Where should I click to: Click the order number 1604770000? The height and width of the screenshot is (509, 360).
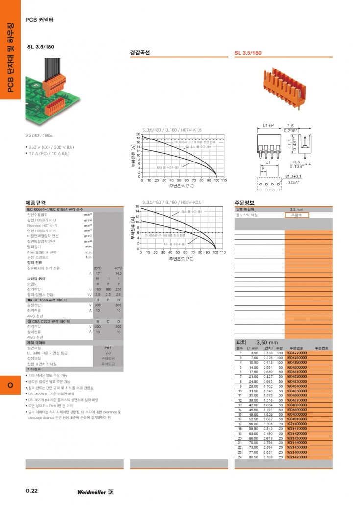click(x=296, y=353)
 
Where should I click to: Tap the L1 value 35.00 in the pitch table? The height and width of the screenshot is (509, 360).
click(x=253, y=394)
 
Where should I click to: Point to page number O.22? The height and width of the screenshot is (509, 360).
click(x=32, y=491)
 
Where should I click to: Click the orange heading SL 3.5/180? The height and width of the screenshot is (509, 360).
click(x=248, y=53)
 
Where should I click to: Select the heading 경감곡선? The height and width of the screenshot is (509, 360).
click(x=140, y=53)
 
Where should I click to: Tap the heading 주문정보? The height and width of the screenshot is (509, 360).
click(x=244, y=203)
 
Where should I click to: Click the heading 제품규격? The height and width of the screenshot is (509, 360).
click(x=36, y=203)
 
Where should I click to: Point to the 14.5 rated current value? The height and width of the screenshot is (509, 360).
click(x=118, y=273)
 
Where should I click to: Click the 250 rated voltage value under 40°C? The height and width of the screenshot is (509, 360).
click(x=118, y=289)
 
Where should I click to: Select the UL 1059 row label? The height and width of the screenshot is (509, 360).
click(x=49, y=300)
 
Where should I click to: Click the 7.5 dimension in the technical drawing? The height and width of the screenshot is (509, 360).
click(x=290, y=126)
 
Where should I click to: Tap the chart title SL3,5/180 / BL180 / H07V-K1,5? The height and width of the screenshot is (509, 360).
click(x=172, y=130)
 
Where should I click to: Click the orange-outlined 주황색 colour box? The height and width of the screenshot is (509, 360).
click(x=297, y=215)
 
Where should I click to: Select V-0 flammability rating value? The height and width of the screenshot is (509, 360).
click(x=108, y=353)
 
